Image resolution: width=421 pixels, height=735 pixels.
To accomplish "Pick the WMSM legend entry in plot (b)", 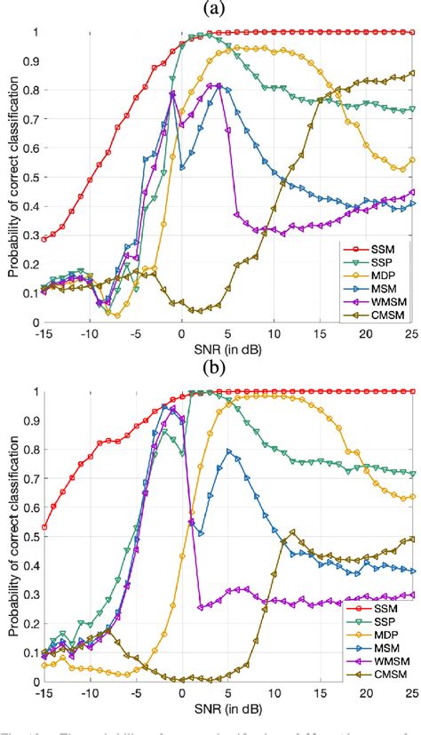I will pyautogui.click(x=378, y=659).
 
